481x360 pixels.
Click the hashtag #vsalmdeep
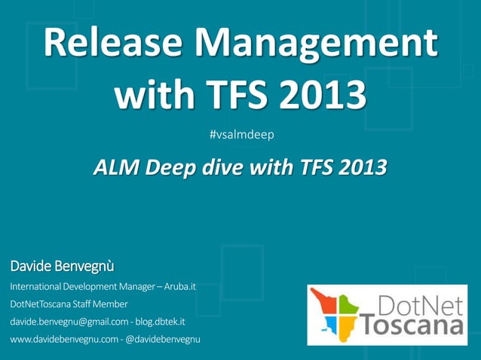241,135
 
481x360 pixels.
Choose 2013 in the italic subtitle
357,167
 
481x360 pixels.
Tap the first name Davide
31,266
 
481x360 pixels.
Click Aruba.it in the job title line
175,286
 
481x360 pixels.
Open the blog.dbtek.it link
161,322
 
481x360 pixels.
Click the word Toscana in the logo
412,327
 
